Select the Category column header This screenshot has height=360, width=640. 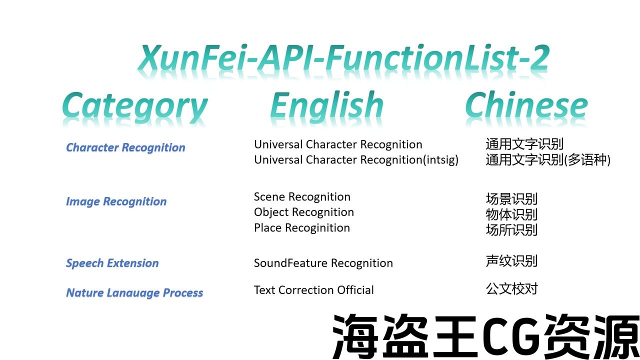[x=135, y=106]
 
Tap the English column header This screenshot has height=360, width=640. [x=327, y=105]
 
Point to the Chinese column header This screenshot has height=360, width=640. [x=526, y=104]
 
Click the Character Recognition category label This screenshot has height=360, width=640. [x=125, y=147]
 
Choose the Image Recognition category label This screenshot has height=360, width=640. [x=116, y=201]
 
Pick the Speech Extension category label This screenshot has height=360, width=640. [x=112, y=263]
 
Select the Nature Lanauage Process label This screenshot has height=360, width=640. [x=134, y=293]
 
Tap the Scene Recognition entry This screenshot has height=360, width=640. [x=302, y=197]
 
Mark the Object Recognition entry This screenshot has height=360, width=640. [x=304, y=212]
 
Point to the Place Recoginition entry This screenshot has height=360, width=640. [x=302, y=228]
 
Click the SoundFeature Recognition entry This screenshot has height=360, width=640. [x=323, y=263]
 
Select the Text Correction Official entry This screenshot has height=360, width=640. [x=313, y=290]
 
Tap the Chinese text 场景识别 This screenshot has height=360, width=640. [x=511, y=199]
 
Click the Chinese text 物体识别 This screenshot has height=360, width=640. [x=511, y=214]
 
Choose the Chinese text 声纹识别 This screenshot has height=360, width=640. [x=511, y=261]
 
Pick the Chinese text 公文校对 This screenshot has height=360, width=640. [x=511, y=288]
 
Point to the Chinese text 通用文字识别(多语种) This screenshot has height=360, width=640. [x=548, y=159]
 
